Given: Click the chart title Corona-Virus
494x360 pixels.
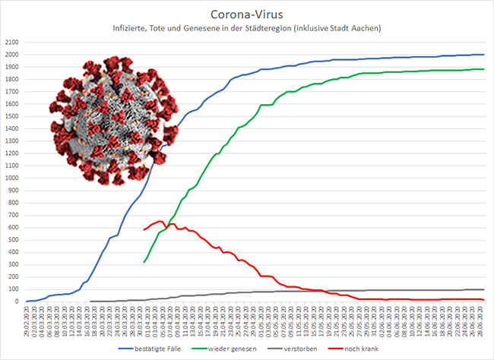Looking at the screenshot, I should [x=246, y=14].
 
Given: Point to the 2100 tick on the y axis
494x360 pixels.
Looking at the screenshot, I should [x=11, y=43].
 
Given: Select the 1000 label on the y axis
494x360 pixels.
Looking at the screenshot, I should [x=11, y=178].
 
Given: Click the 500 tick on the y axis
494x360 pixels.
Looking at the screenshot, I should [x=14, y=239].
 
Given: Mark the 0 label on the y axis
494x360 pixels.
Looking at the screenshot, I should [x=18, y=302].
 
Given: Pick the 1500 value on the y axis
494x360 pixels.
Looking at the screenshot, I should [x=11, y=116].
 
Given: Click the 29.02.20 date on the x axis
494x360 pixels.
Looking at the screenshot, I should [x=27, y=317].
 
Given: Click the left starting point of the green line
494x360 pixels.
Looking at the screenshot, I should [x=144, y=262].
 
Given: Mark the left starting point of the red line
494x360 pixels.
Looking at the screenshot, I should [x=144, y=229].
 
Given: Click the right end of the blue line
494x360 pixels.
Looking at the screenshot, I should [x=484, y=55].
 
